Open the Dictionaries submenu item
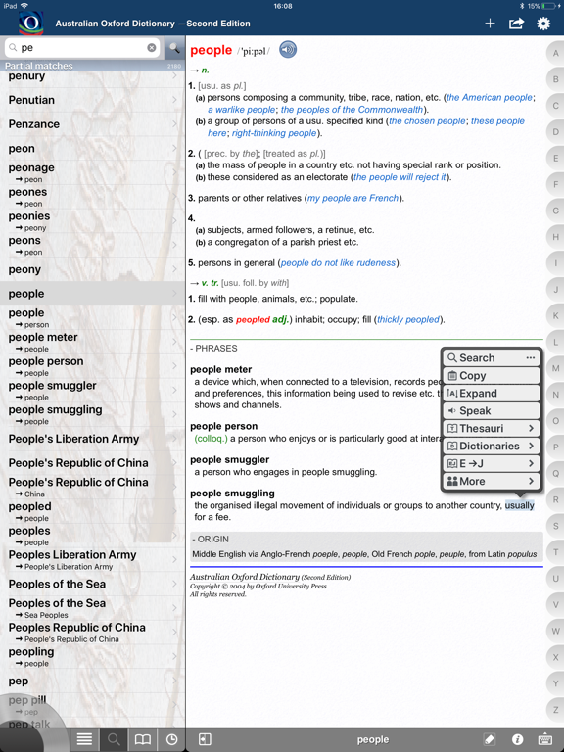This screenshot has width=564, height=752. pyautogui.click(x=491, y=446)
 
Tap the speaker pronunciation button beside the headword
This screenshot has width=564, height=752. pyautogui.click(x=288, y=50)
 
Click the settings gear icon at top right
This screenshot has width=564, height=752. pyautogui.click(x=543, y=23)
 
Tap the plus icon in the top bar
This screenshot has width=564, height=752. pyautogui.click(x=490, y=23)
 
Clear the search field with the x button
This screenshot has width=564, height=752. pyautogui.click(x=152, y=47)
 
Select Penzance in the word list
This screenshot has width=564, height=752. pyautogui.click(x=34, y=124)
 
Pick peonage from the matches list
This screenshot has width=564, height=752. pyautogui.click(x=31, y=168)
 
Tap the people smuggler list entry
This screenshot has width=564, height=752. pyautogui.click(x=53, y=387)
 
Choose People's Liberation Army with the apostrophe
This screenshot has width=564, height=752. pyautogui.click(x=73, y=439)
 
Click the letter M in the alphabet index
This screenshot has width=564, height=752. pyautogui.click(x=555, y=368)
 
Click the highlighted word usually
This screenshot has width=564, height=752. pyautogui.click(x=520, y=505)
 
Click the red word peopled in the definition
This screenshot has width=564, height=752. pyautogui.click(x=252, y=319)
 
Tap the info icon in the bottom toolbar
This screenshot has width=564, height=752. pyautogui.click(x=517, y=739)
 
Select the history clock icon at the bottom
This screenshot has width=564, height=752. pyautogui.click(x=171, y=739)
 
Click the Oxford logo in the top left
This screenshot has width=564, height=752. pyautogui.click(x=30, y=22)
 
